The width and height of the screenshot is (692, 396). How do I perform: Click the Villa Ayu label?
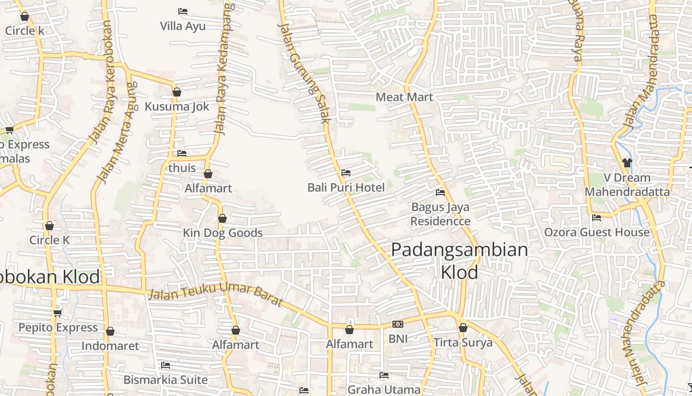coord(182,26)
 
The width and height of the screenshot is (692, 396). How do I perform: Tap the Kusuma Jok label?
coord(176,106)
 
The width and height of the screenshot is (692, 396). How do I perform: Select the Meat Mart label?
coord(404,97)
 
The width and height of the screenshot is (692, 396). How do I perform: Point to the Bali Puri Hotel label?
coord(346,188)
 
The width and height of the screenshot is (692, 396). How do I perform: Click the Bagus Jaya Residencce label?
coord(440,213)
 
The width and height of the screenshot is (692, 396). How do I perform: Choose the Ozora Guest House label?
coord(597,232)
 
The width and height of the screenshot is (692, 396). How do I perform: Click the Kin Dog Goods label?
coord(222,233)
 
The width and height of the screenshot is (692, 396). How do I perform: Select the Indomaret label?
coord(110,346)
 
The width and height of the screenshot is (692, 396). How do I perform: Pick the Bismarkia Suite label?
coord(165,380)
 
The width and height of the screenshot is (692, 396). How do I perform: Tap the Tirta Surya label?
coord(463,343)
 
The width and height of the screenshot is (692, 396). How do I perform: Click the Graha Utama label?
coord(384,390)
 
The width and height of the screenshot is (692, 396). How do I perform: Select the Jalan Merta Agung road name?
coord(118,133)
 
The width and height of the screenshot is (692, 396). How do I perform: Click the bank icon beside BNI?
coord(397,324)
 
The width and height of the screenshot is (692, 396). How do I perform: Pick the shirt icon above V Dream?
coord(627,162)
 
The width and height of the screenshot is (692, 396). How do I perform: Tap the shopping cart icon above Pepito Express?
coord(57,313)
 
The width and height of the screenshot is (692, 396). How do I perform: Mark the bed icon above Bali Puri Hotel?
coord(346,173)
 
